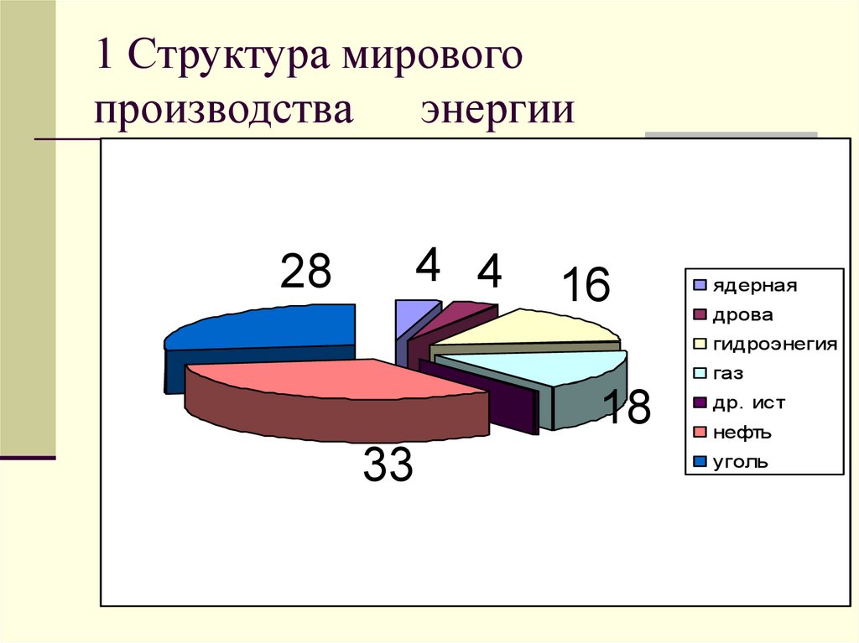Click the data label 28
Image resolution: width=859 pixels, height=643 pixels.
[306, 272]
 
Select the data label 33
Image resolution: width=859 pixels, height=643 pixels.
[388, 465]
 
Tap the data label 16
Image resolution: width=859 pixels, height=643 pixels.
[585, 286]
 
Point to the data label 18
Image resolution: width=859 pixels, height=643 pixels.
[626, 408]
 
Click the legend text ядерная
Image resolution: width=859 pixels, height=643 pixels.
[755, 286]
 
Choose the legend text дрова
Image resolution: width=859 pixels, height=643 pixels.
[743, 315]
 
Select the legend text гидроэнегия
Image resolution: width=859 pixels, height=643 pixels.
[775, 345]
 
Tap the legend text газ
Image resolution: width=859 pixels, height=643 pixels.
[729, 374]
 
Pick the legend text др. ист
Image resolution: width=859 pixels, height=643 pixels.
[749, 403]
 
